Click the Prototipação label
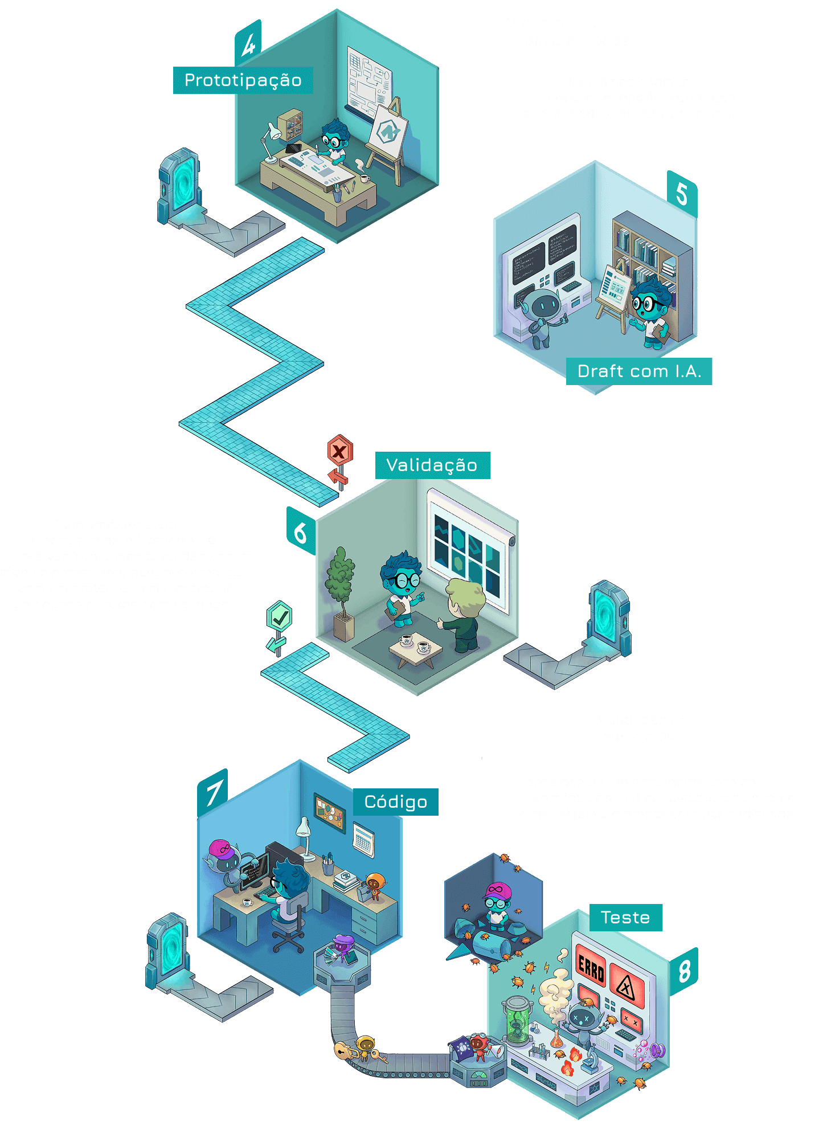[x=243, y=80]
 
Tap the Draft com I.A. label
[x=639, y=371]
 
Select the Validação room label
[x=432, y=465]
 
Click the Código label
[x=396, y=802]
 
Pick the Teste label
[x=625, y=918]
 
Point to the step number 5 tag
[x=682, y=194]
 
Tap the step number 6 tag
[x=300, y=533]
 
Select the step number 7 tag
[x=213, y=793]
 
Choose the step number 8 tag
[x=684, y=971]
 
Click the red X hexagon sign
[x=339, y=452]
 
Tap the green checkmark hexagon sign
[x=279, y=616]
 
